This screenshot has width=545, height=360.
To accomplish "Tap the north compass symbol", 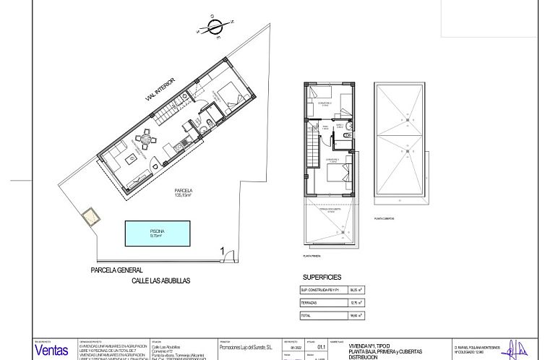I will pos(215,26).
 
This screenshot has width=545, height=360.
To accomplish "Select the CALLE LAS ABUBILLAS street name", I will pos(160,280).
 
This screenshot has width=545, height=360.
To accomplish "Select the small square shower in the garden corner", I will pos(91,216).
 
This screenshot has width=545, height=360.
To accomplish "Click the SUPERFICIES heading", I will pos(322,278).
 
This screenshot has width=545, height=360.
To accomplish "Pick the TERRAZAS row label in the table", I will pos(310,303).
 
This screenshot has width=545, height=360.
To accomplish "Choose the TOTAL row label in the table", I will pos(306,315).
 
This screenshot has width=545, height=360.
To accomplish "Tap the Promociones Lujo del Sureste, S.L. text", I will pos(245,348).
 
